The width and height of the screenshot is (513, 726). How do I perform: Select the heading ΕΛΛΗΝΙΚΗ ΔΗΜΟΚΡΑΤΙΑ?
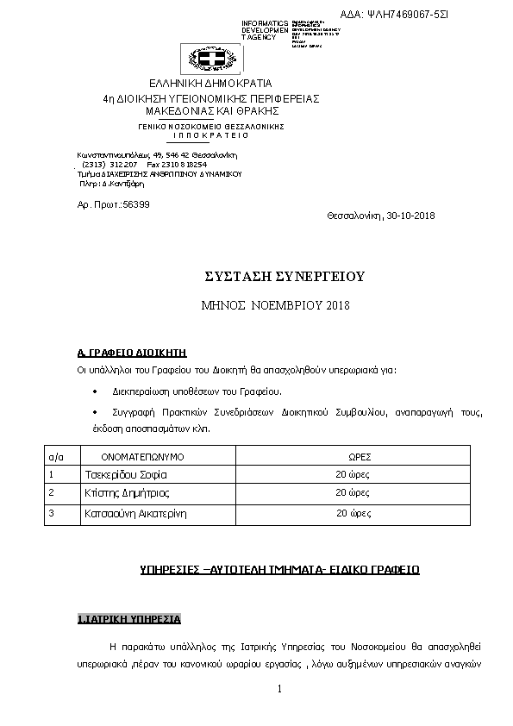pyautogui.click(x=210, y=84)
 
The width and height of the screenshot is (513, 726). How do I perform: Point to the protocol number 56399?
pyautogui.click(x=136, y=204)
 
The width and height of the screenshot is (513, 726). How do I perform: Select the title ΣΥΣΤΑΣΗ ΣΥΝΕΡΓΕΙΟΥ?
pyautogui.click(x=285, y=277)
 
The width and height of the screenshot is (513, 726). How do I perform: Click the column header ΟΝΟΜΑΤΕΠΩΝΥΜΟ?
pyautogui.click(x=143, y=455)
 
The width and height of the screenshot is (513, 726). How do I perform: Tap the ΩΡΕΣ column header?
pyautogui.click(x=360, y=455)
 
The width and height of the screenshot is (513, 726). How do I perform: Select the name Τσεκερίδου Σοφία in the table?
pyautogui.click(x=126, y=474)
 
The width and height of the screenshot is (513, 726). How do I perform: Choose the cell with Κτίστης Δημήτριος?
pyautogui.click(x=127, y=493)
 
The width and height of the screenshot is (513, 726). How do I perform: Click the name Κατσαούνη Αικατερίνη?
pyautogui.click(x=135, y=513)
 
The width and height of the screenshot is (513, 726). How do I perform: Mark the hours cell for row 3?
pyautogui.click(x=353, y=513)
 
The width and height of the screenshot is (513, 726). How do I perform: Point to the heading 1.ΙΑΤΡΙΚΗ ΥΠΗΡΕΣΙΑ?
pyautogui.click(x=128, y=619)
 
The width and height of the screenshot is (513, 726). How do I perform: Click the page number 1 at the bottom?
pyautogui.click(x=280, y=689)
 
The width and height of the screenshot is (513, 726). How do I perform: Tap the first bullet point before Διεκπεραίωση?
pyautogui.click(x=93, y=391)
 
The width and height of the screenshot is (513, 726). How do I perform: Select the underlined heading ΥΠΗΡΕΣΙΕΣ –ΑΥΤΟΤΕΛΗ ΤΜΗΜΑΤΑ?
pyautogui.click(x=279, y=570)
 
